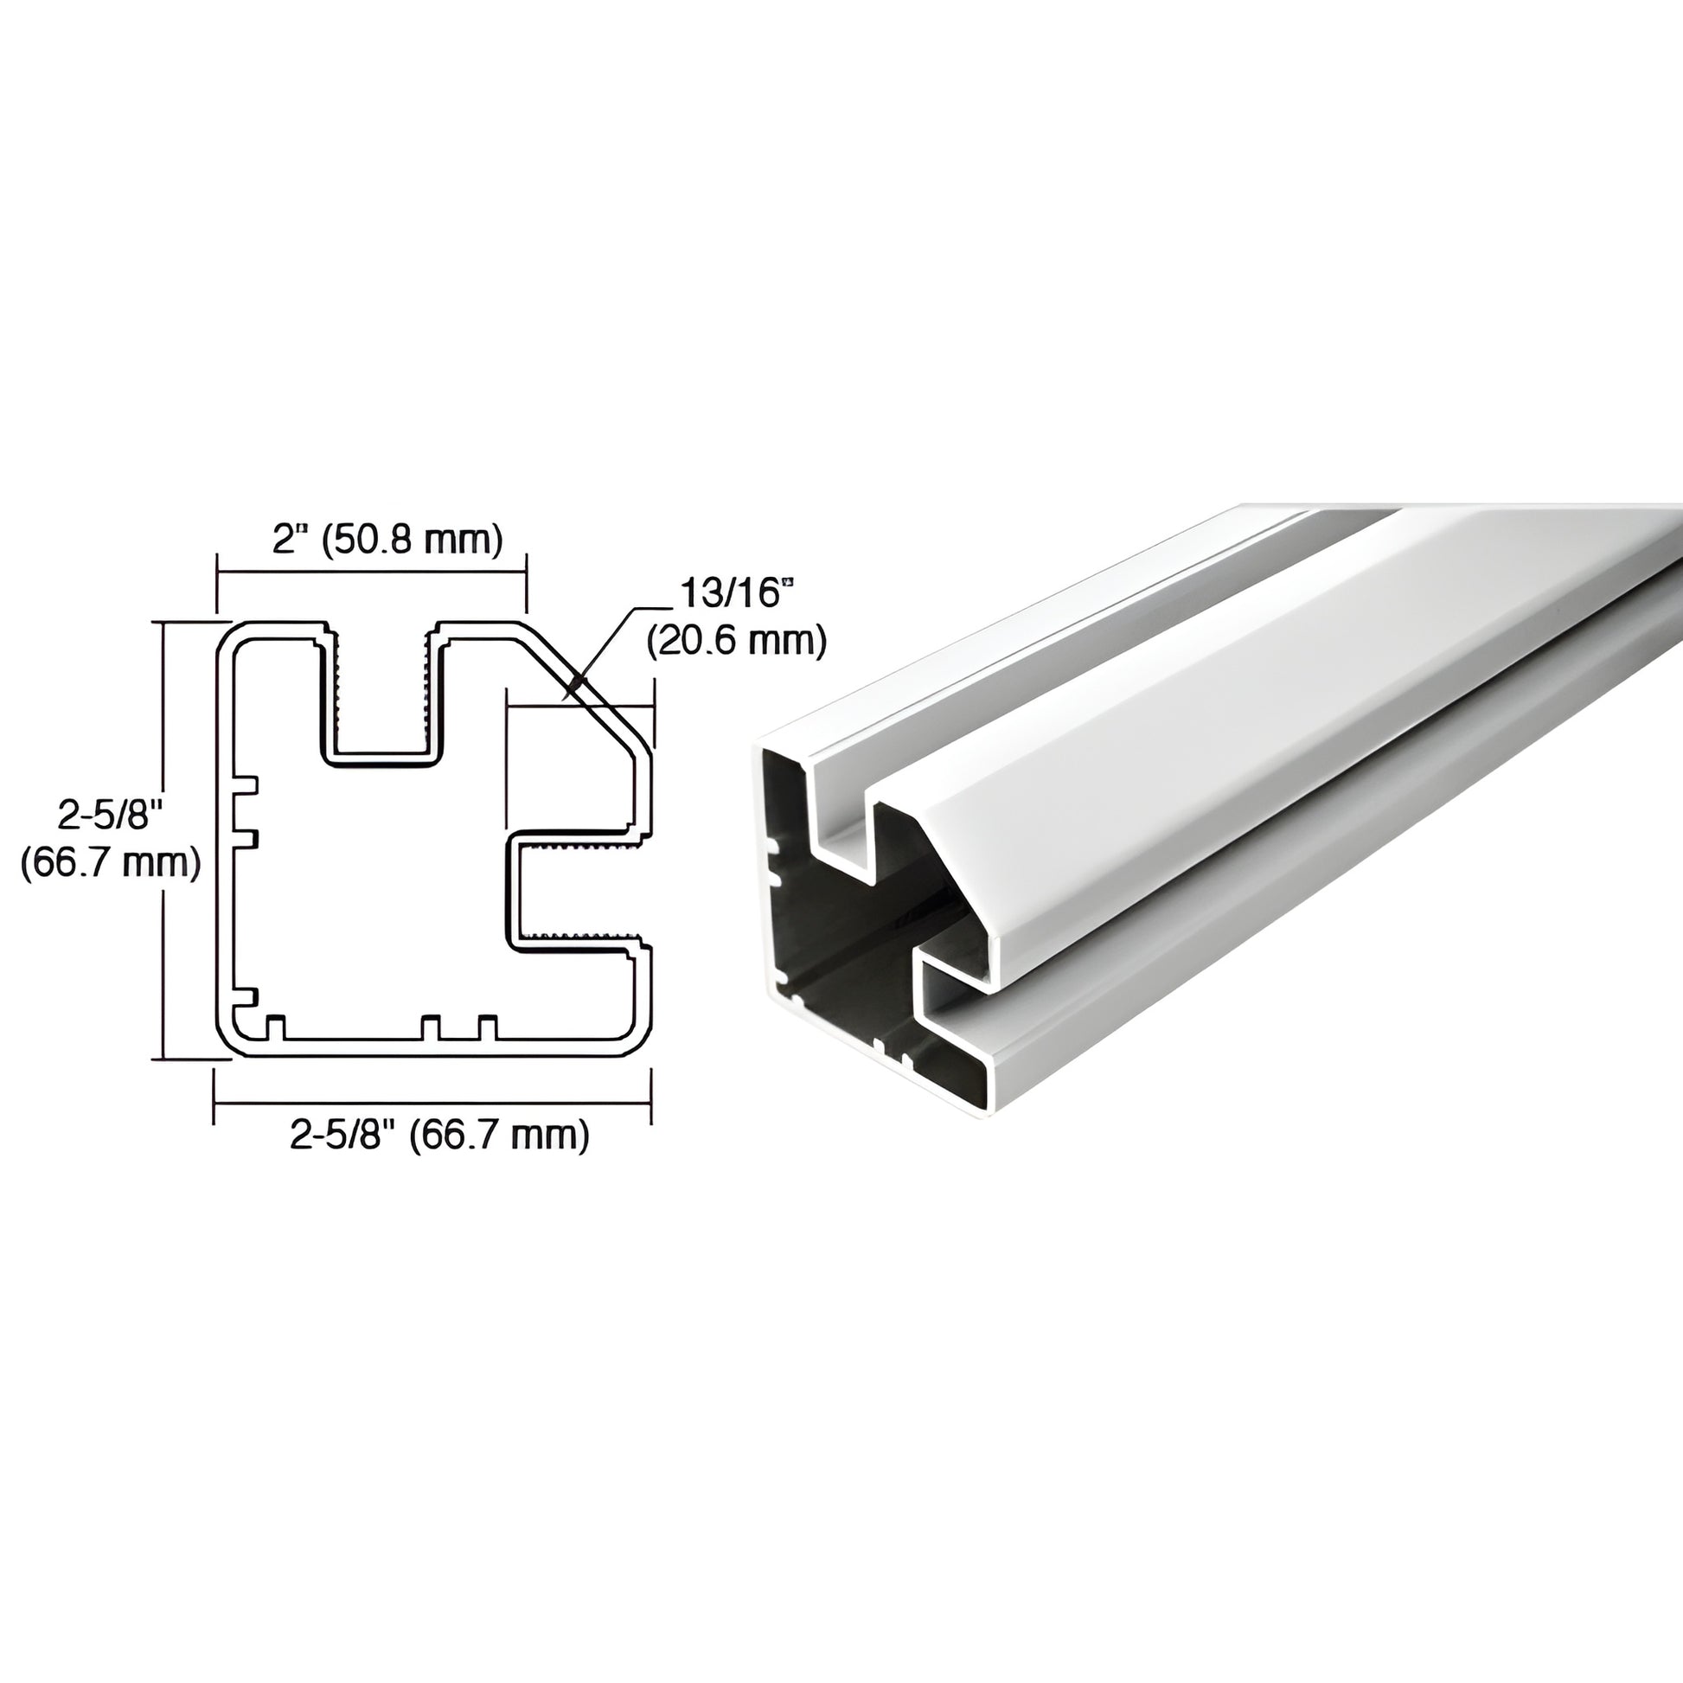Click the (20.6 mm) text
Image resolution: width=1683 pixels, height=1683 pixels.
pos(735,641)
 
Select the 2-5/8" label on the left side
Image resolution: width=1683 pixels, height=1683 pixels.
pos(111,816)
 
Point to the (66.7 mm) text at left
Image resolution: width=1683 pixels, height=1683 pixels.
pos(111,862)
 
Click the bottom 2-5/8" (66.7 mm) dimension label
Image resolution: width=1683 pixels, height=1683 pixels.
pos(440,1135)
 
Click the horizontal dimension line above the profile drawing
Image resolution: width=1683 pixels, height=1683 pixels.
pos(371,572)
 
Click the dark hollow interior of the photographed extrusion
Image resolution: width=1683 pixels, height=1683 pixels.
pos(836,976)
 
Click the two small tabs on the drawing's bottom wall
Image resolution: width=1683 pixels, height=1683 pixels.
pos(459,1029)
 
